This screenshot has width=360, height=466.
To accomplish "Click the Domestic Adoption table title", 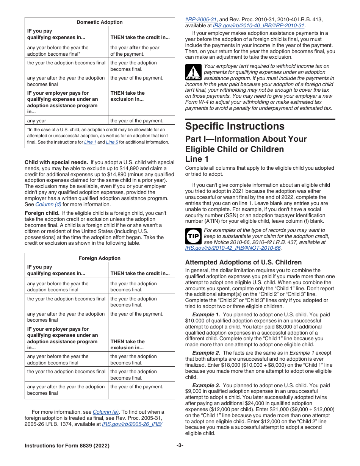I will coord(100,22).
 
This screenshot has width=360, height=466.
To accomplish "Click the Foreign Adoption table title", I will coord(100,258).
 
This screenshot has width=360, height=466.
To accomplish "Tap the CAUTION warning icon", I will coord(193,72).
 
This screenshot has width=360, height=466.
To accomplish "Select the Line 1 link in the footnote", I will coord(90,142).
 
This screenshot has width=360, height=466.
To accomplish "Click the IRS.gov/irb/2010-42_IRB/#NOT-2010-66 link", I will coord(233,248).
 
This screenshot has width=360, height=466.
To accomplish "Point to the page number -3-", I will coord(180,446).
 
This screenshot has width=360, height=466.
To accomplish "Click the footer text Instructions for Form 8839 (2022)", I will coord(67,446).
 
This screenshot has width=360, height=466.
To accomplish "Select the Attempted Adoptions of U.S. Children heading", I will coord(243,262).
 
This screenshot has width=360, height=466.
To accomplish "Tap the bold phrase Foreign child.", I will coord(42,213).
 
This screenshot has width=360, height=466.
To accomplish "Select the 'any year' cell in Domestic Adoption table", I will coord(37,120).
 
